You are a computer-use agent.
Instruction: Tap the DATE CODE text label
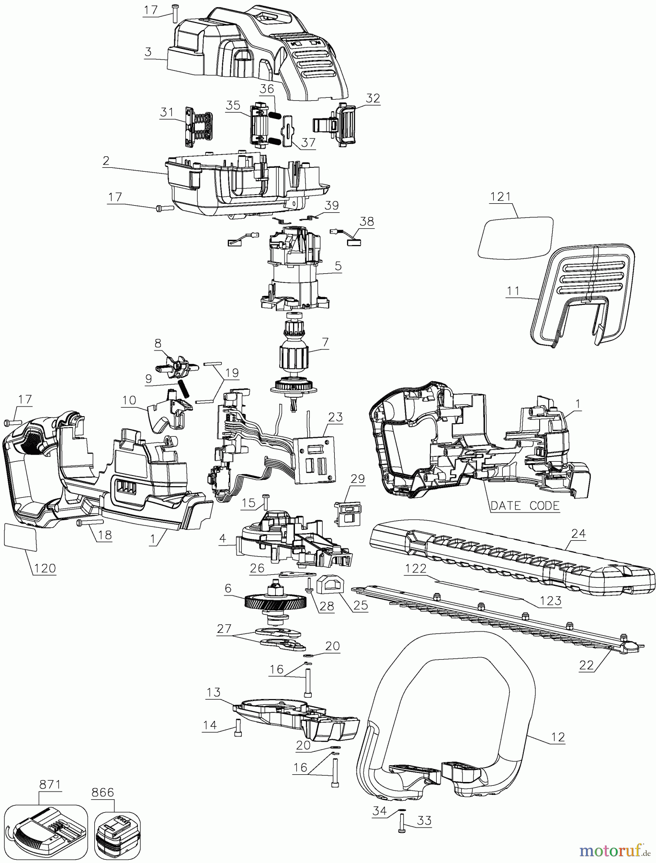pos(525,506)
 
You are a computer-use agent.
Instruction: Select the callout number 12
pos(558,737)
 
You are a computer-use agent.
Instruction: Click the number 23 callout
pos(335,417)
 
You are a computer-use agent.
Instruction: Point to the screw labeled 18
pos(89,522)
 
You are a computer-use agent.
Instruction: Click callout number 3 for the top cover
pos(147,52)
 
